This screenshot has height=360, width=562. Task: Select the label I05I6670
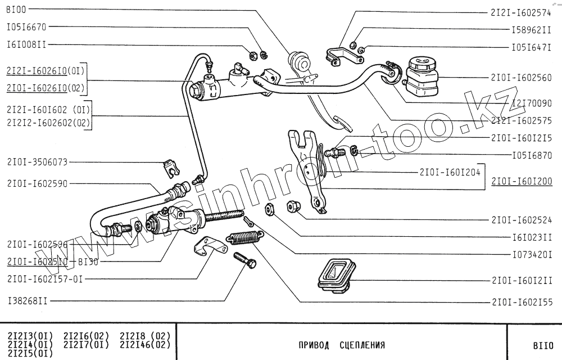coord(26,26)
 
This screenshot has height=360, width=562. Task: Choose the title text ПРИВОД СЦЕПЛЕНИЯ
coord(342,345)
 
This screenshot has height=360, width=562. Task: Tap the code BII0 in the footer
coord(543,345)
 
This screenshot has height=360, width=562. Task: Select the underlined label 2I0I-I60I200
coord(522,181)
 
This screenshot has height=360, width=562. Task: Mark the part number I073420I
coord(528,255)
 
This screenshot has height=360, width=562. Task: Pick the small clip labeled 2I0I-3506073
coord(170,165)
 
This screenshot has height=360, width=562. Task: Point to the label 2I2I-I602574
coord(521,12)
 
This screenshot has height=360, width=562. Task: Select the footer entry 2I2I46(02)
coord(145,344)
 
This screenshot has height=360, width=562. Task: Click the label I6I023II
coord(528,237)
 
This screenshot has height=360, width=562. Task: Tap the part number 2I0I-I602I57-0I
coord(45,278)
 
